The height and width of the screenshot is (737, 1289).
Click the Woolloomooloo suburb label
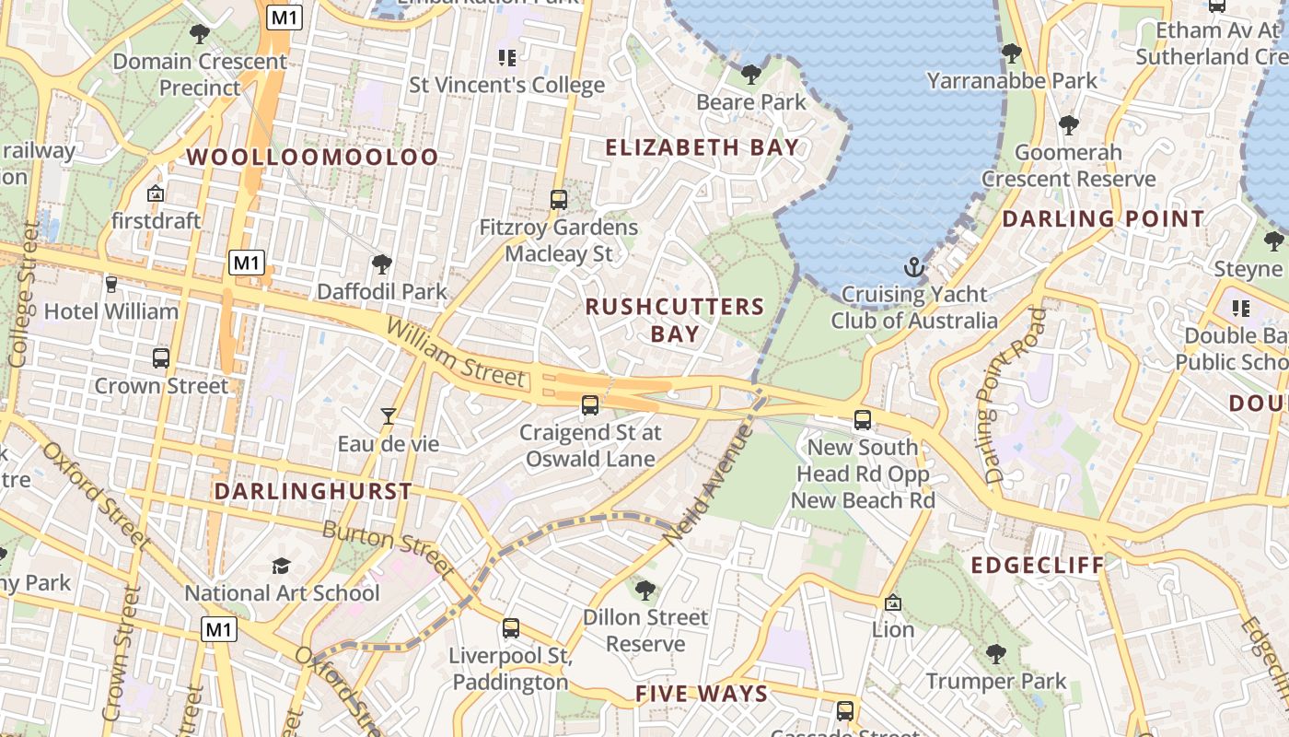click(313, 157)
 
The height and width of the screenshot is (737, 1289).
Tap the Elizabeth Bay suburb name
click(702, 147)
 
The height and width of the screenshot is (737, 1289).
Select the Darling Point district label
click(1103, 219)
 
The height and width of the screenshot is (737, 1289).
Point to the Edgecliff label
click(1038, 565)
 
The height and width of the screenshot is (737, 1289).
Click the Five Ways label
click(702, 694)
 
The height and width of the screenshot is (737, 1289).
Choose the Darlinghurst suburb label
click(313, 491)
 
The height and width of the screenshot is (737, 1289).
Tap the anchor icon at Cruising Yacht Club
click(914, 268)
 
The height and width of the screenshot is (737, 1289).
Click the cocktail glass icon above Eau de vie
click(389, 416)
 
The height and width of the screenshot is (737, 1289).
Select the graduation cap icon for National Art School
click(281, 566)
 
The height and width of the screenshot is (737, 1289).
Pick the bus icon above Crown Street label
click(161, 358)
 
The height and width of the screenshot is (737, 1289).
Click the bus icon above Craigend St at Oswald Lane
click(589, 404)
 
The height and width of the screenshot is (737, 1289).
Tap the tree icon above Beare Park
click(751, 74)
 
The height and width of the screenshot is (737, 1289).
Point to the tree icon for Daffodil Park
click(381, 265)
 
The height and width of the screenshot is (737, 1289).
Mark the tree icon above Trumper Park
click(995, 654)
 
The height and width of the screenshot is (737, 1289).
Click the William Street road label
click(456, 353)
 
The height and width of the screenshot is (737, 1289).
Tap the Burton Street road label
click(387, 549)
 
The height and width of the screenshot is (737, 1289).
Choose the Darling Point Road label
click(1015, 396)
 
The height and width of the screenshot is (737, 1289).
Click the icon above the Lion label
click(892, 603)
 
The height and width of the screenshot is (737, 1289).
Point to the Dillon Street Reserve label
click(645, 630)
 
